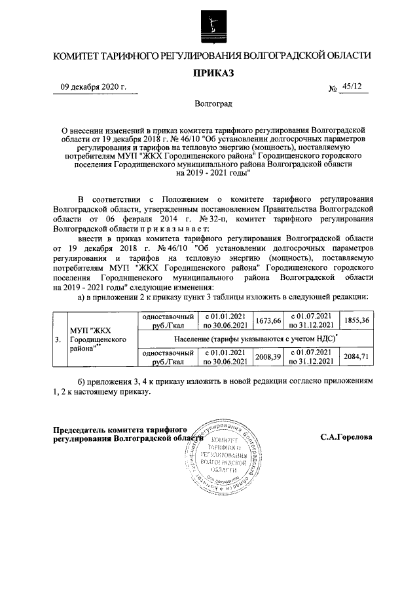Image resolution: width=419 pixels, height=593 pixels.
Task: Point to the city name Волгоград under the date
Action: coord(213,104)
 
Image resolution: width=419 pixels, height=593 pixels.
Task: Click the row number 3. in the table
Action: coord(58,339)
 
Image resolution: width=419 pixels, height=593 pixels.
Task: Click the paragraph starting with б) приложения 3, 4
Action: coord(213,386)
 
